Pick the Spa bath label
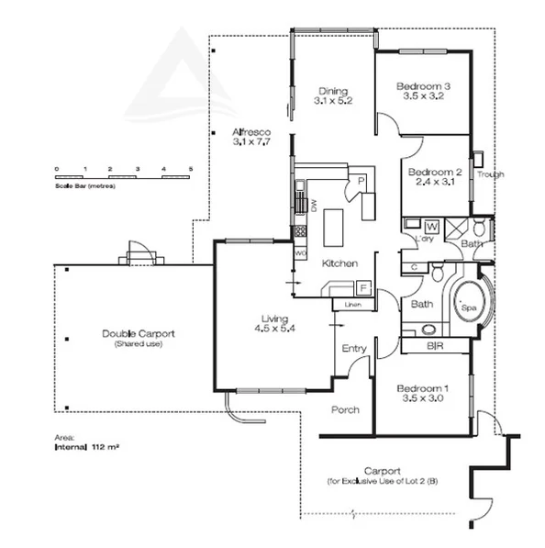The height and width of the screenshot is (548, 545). [x=471, y=308]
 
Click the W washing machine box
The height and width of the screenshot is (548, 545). [x=432, y=224]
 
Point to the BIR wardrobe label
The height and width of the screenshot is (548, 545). [x=435, y=347]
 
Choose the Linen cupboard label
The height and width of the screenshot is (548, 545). [x=351, y=305]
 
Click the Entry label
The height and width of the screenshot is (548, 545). [x=353, y=349]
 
